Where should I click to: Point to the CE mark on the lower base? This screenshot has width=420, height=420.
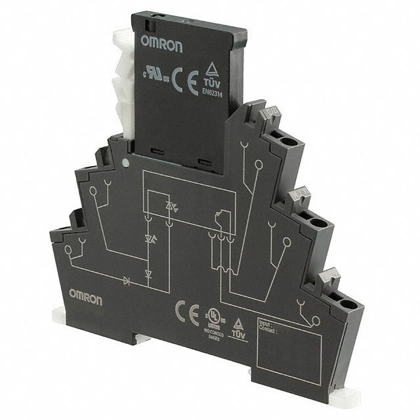[184, 308]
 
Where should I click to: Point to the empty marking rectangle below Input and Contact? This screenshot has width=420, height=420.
[288, 354]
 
